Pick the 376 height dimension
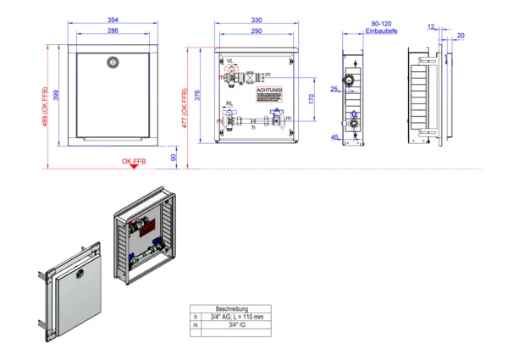tap(199, 96)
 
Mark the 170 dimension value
tap(312, 99)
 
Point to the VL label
tap(230, 60)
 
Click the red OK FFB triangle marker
tap(133, 166)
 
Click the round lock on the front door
tap(113, 61)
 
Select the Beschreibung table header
tap(232, 309)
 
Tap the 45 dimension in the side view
tap(336, 137)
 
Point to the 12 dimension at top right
tap(431, 27)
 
